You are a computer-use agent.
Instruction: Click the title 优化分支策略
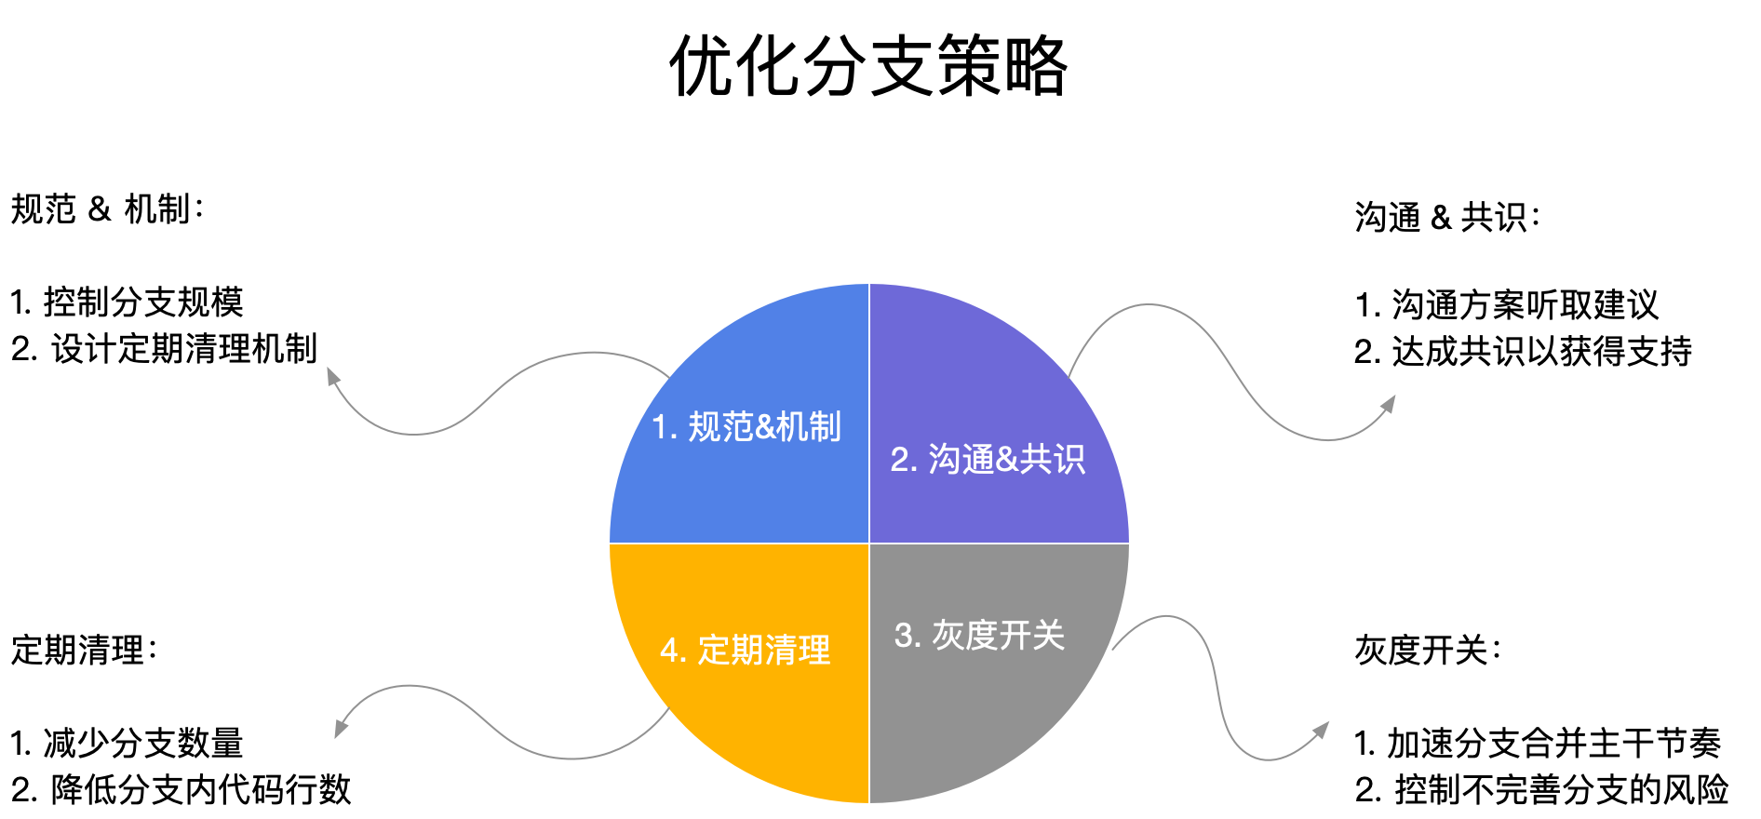pyautogui.click(x=868, y=66)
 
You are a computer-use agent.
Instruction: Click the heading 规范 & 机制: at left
pyautogui.click(x=107, y=209)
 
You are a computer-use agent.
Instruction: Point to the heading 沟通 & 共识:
pyautogui.click(x=1447, y=218)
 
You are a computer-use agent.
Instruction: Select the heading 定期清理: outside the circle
pyautogui.click(x=84, y=650)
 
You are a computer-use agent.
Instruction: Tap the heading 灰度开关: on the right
pyautogui.click(x=1428, y=650)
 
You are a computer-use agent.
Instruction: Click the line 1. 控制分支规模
pyautogui.click(x=127, y=302)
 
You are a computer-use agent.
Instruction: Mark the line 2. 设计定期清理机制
pyautogui.click(x=164, y=349)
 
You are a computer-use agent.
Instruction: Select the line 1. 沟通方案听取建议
pyautogui.click(x=1507, y=304)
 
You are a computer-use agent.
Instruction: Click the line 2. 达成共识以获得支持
pyautogui.click(x=1523, y=351)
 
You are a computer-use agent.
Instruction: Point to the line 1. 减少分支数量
pyautogui.click(x=127, y=743)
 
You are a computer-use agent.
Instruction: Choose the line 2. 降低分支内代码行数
pyautogui.click(x=181, y=789)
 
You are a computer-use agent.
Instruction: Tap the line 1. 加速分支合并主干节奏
pyautogui.click(x=1538, y=743)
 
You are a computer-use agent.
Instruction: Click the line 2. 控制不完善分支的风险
pyautogui.click(x=1541, y=789)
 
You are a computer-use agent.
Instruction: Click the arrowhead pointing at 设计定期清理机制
pyautogui.click(x=332, y=377)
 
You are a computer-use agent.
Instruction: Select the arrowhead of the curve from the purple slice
pyautogui.click(x=1388, y=405)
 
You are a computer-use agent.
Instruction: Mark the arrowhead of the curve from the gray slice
pyautogui.click(x=1321, y=731)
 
